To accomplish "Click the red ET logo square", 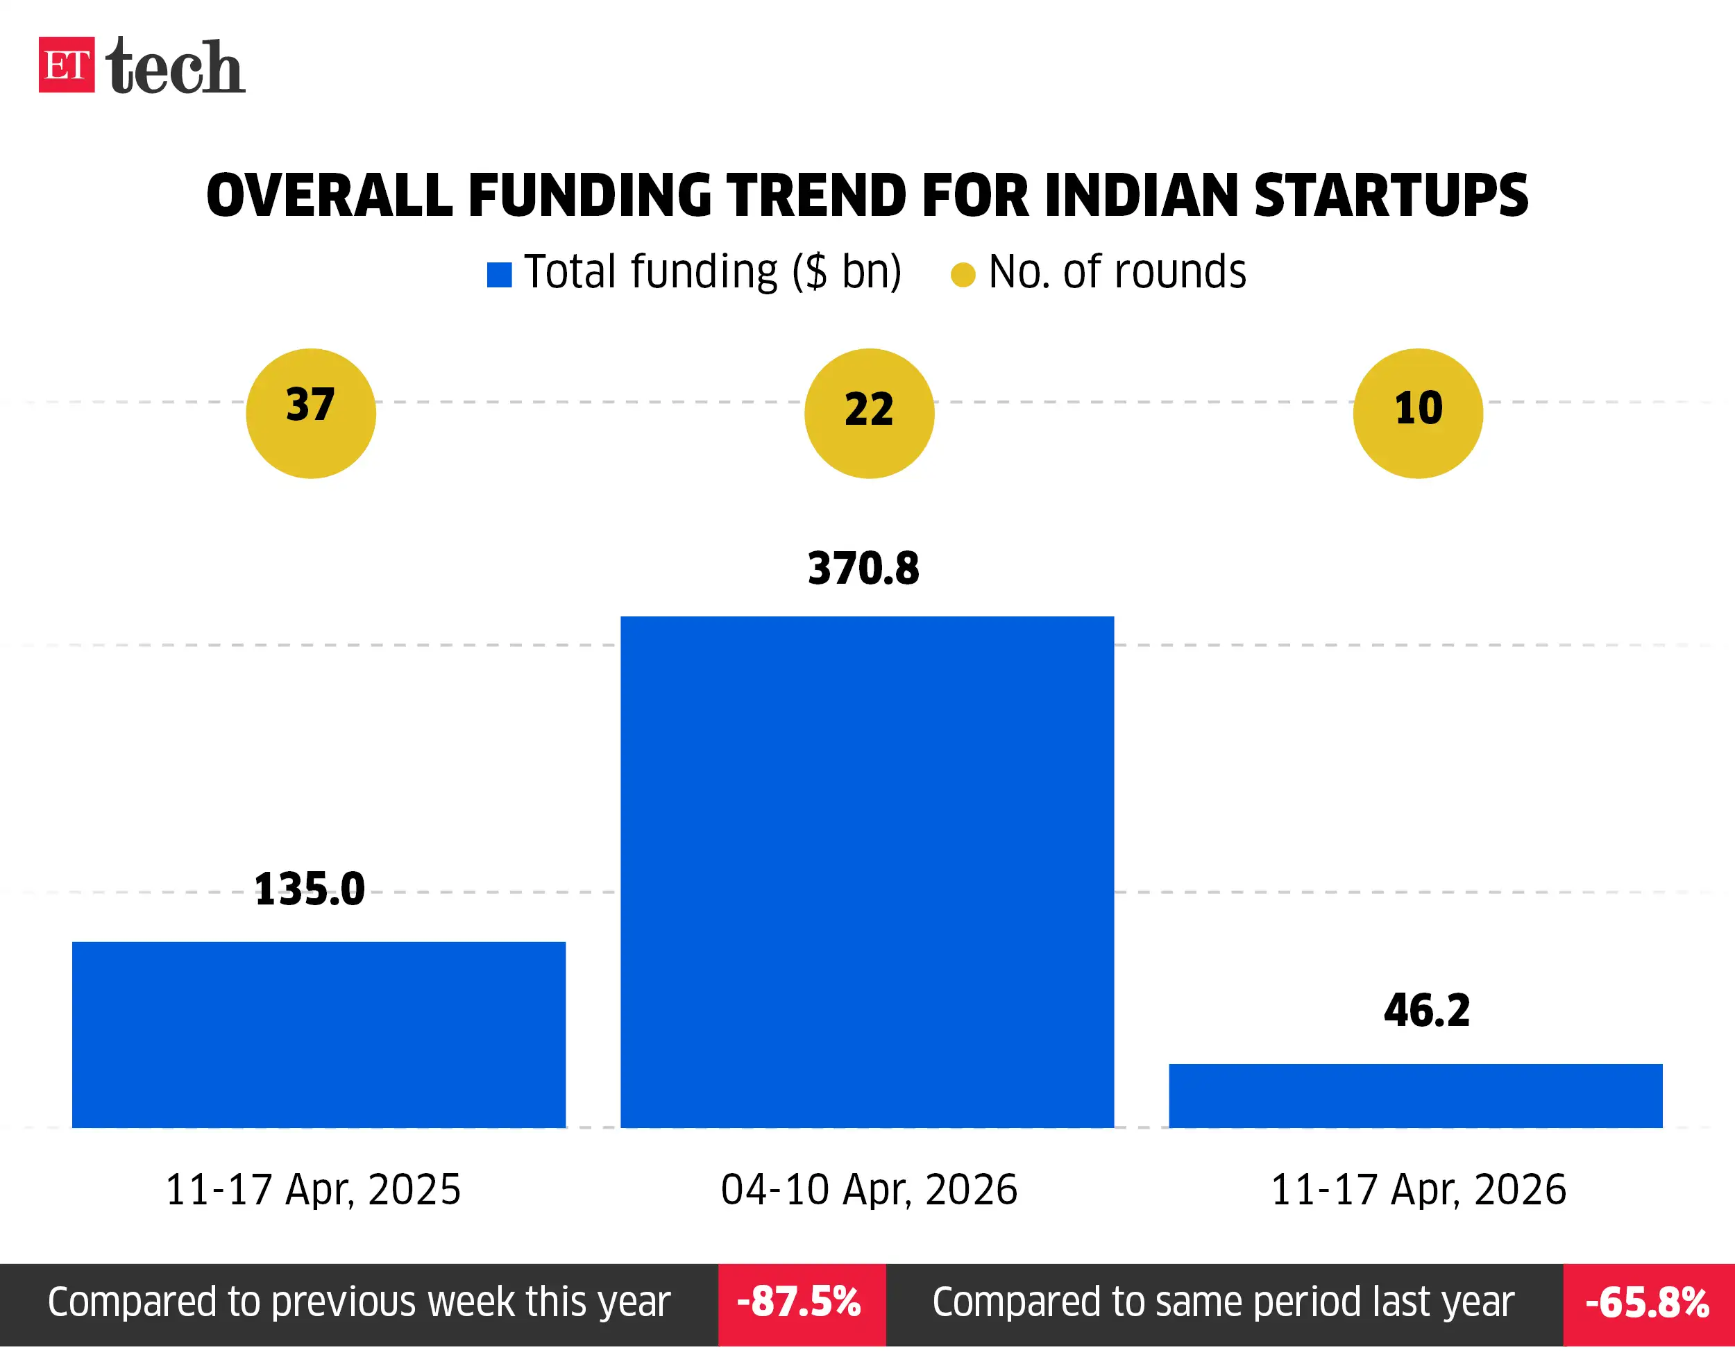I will pyautogui.click(x=66, y=65).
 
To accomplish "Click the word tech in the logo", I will pyautogui.click(x=175, y=66).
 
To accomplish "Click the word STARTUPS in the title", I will pyautogui.click(x=1391, y=196).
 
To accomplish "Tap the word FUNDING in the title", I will pyautogui.click(x=589, y=196).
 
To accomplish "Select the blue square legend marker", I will pyautogui.click(x=499, y=275).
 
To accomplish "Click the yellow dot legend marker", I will pyautogui.click(x=963, y=275).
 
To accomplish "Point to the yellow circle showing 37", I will pyautogui.click(x=311, y=414).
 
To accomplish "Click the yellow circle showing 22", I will pyautogui.click(x=869, y=414).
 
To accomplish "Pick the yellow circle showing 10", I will pyautogui.click(x=1418, y=414).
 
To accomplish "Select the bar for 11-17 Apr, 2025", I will pyautogui.click(x=319, y=1034).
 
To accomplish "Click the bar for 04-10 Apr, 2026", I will pyautogui.click(x=867, y=871).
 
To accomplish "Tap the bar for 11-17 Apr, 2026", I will pyautogui.click(x=1416, y=1095).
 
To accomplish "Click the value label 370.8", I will pyautogui.click(x=863, y=569).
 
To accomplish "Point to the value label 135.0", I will pyautogui.click(x=310, y=889).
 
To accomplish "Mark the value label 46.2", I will pyautogui.click(x=1427, y=1010).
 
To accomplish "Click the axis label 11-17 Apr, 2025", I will pyautogui.click(x=313, y=1189).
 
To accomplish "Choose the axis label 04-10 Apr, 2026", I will pyautogui.click(x=869, y=1189).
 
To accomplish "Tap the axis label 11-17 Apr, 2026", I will pyautogui.click(x=1418, y=1189).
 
